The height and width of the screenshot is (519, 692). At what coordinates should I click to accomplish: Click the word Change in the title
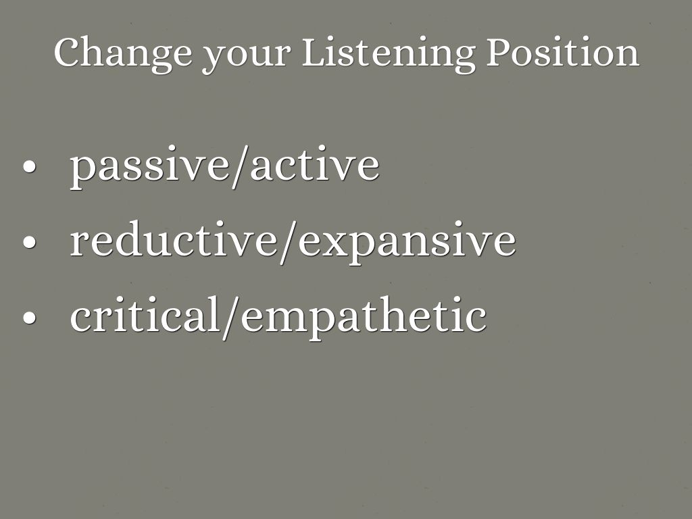tap(123, 55)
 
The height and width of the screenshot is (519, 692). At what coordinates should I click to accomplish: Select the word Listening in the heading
tap(389, 55)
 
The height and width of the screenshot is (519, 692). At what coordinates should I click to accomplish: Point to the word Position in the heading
tap(563, 52)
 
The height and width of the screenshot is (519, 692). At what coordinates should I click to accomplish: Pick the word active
tap(315, 164)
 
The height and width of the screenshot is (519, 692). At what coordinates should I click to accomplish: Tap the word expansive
tap(407, 243)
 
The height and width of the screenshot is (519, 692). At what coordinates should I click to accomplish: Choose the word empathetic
tap(364, 318)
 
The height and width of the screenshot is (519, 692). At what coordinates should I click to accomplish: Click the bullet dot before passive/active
tap(29, 167)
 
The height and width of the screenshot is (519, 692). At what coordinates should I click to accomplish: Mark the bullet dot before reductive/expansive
tap(29, 242)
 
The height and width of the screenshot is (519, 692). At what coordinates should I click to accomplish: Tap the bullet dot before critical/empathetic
tap(29, 318)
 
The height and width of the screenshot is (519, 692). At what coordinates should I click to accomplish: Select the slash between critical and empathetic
tap(232, 318)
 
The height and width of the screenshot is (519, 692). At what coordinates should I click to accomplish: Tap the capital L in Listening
tap(315, 52)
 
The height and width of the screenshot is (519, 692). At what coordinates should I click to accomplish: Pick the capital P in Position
tap(499, 52)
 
